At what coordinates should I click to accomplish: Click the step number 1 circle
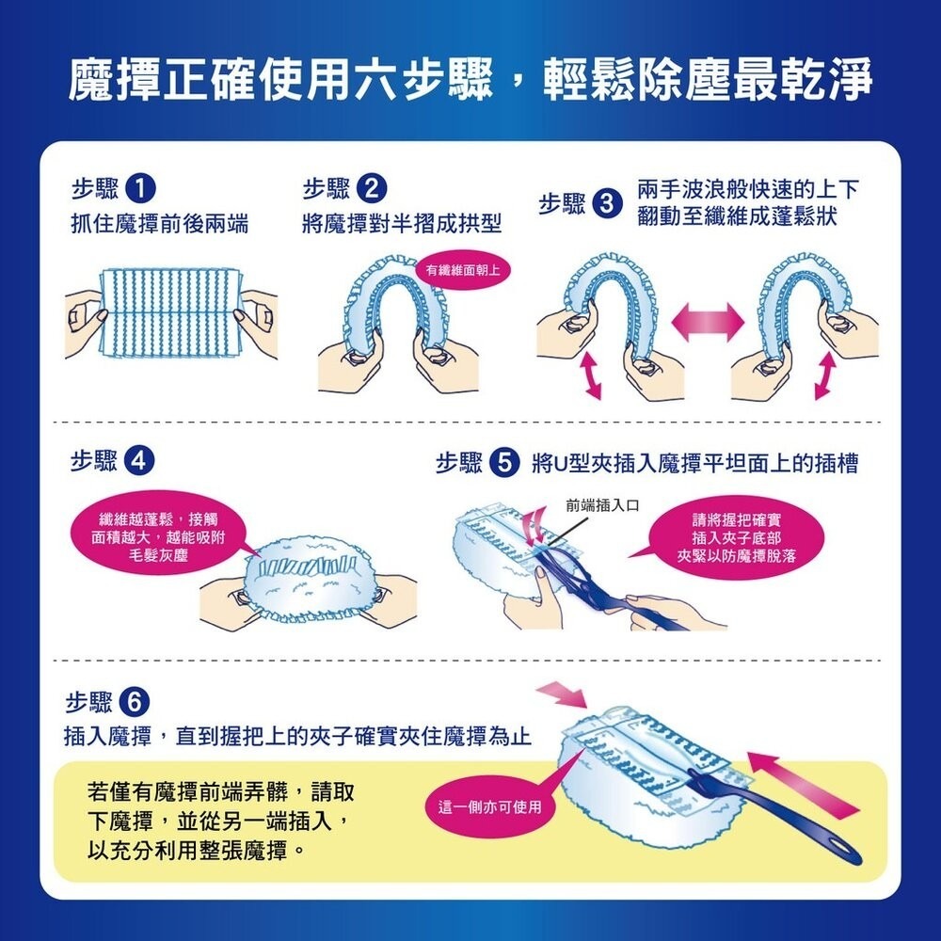tap(139, 190)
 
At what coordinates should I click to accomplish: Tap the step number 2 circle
tap(372, 190)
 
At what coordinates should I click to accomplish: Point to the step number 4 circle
tap(139, 461)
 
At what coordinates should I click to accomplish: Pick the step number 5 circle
tap(504, 463)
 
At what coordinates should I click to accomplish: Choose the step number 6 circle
tap(134, 702)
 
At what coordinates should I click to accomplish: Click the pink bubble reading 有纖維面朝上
tap(462, 271)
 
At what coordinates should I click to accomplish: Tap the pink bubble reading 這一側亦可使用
tap(489, 807)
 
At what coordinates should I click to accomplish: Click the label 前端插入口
tap(602, 505)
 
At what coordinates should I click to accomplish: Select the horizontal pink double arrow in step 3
tap(708, 322)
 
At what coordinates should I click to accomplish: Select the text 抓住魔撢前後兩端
tap(159, 225)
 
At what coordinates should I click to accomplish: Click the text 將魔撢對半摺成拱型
tap(402, 225)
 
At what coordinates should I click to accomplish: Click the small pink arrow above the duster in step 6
tap(562, 695)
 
